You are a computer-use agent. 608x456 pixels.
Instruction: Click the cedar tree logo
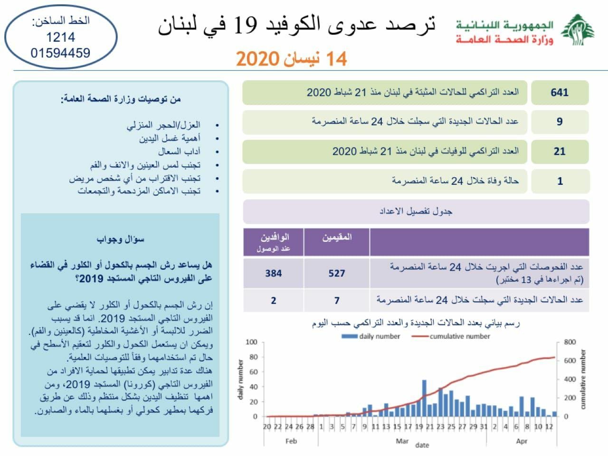coord(578,30)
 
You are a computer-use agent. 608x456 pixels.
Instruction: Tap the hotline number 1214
coord(60,37)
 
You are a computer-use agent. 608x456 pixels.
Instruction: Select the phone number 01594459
coord(60,53)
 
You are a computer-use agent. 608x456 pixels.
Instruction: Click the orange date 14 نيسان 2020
coord(292,59)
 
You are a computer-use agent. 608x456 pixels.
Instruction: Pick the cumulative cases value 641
coord(560,93)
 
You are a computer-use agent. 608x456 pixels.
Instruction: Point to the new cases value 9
coord(560,122)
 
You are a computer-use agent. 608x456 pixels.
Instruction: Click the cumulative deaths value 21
coord(560,152)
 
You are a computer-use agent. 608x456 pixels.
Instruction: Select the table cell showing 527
coord(337,273)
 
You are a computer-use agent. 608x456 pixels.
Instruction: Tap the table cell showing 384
coord(273,273)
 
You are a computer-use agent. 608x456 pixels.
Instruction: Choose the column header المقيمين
coord(337,237)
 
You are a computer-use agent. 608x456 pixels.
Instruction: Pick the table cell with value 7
coord(337,300)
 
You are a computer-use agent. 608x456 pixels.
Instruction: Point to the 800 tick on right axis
coord(570,342)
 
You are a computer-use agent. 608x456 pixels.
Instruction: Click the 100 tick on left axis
coord(251,342)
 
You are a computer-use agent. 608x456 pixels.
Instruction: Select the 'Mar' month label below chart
coord(402,441)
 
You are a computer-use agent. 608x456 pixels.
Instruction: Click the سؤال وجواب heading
coord(121,239)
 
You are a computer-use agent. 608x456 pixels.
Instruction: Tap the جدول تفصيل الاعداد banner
coord(416,211)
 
